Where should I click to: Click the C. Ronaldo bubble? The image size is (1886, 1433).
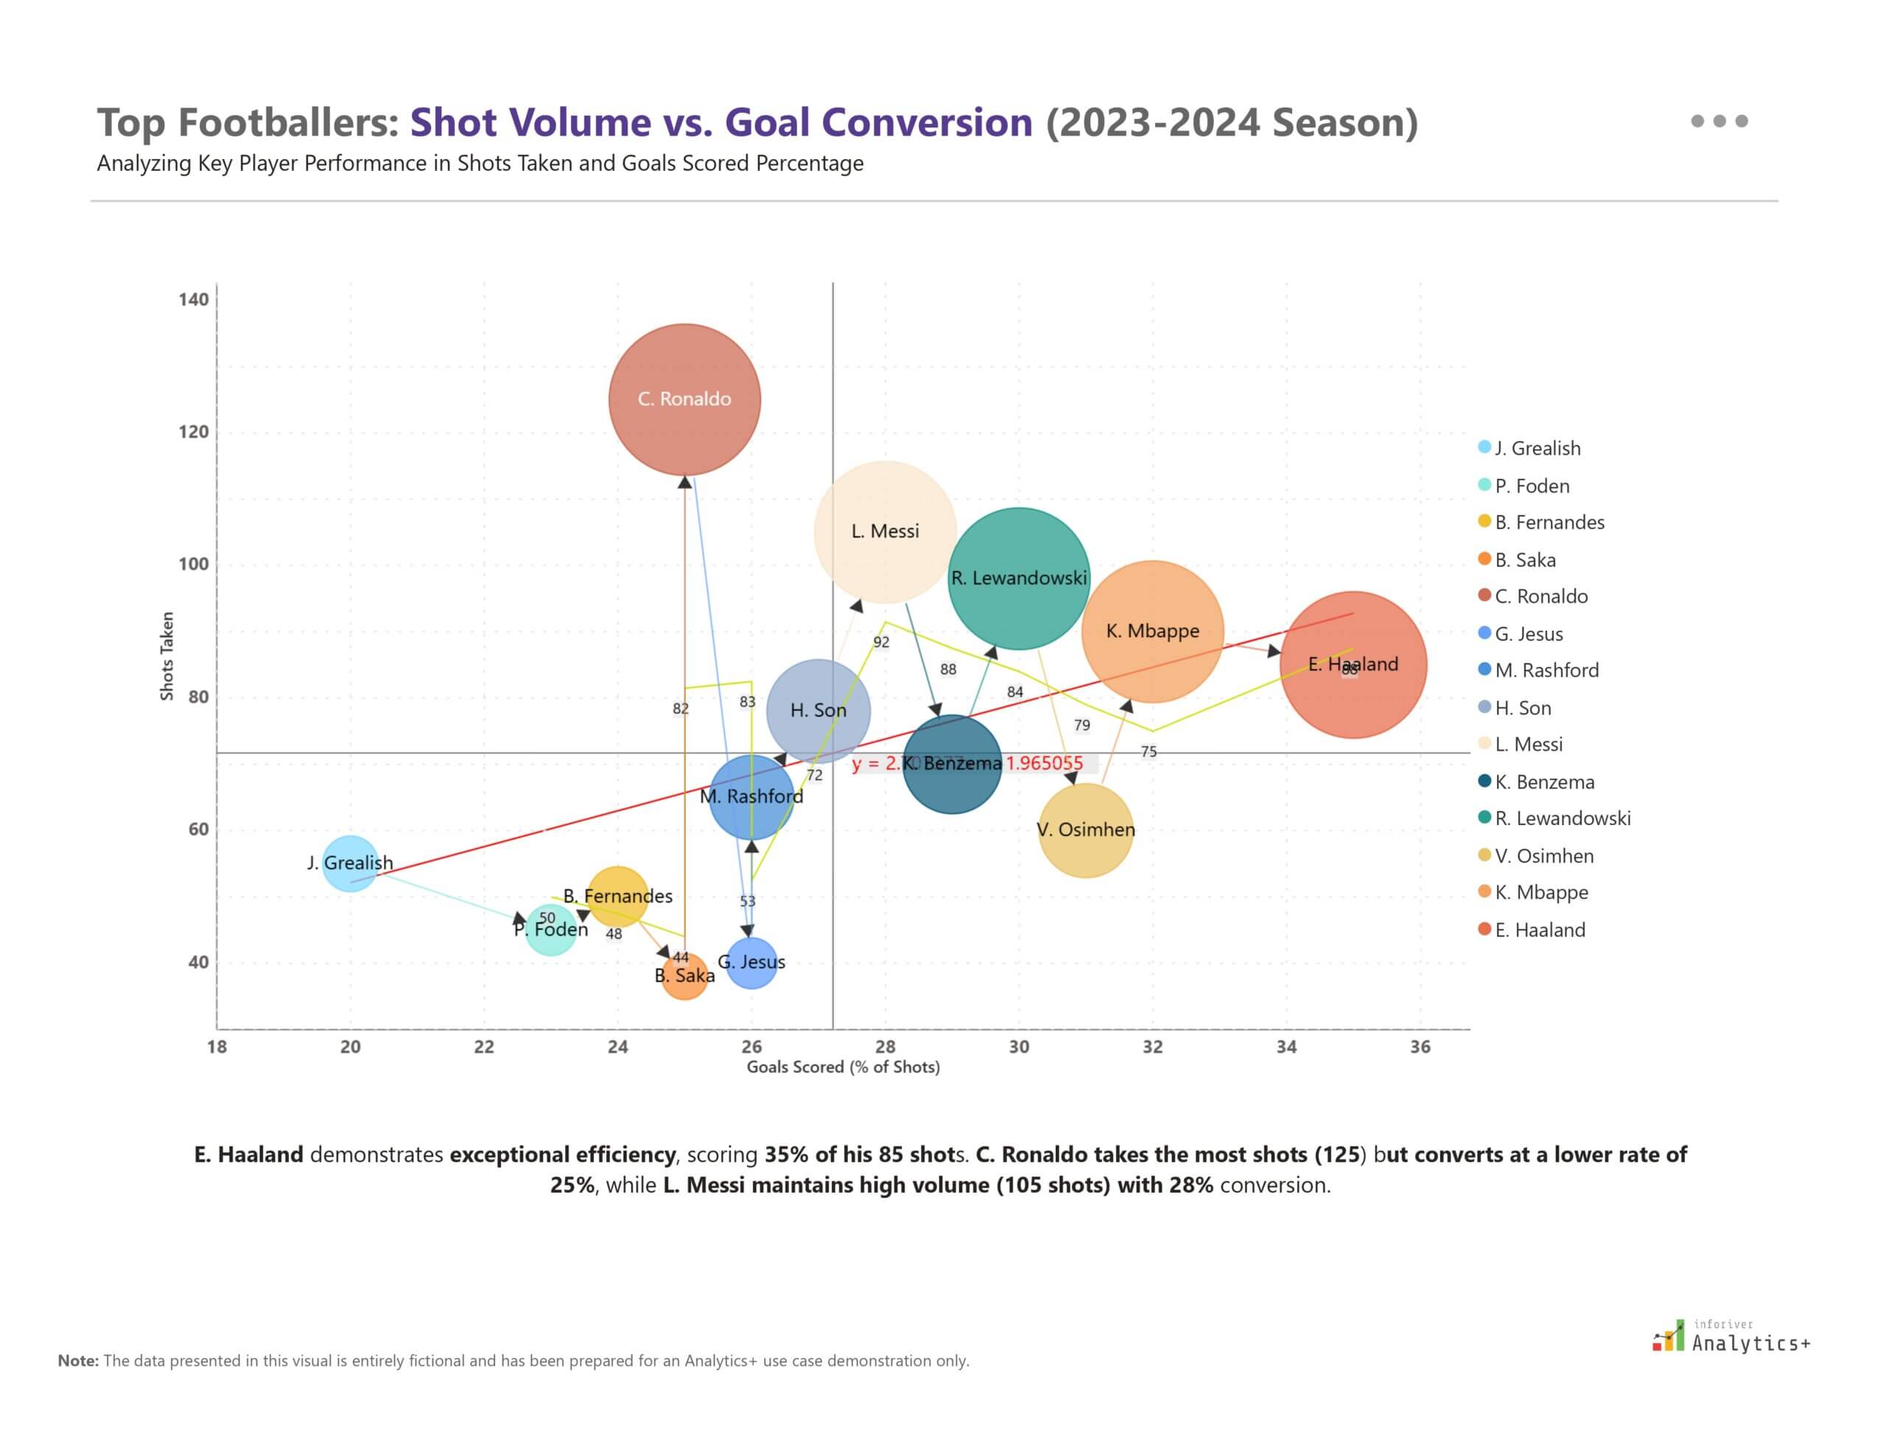tap(684, 399)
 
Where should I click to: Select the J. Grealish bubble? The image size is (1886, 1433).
tap(350, 863)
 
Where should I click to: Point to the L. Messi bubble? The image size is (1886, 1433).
tap(885, 531)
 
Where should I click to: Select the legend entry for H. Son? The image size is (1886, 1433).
tap(1522, 707)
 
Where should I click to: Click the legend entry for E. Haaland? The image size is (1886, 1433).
tap(1539, 930)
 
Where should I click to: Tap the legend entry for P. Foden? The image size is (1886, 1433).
tap(1531, 486)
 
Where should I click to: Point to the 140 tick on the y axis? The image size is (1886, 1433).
tap(194, 299)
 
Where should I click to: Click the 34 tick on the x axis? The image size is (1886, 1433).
tap(1286, 1047)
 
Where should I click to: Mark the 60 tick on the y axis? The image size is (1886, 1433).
tap(198, 829)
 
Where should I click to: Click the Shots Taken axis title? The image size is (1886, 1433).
tap(167, 656)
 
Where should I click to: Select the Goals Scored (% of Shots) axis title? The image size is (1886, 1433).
tap(843, 1067)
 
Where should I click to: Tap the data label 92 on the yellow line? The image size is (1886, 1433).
tap(880, 642)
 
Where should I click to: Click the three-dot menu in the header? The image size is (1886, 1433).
tap(1718, 121)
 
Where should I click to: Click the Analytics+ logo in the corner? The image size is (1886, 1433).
tap(1731, 1336)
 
